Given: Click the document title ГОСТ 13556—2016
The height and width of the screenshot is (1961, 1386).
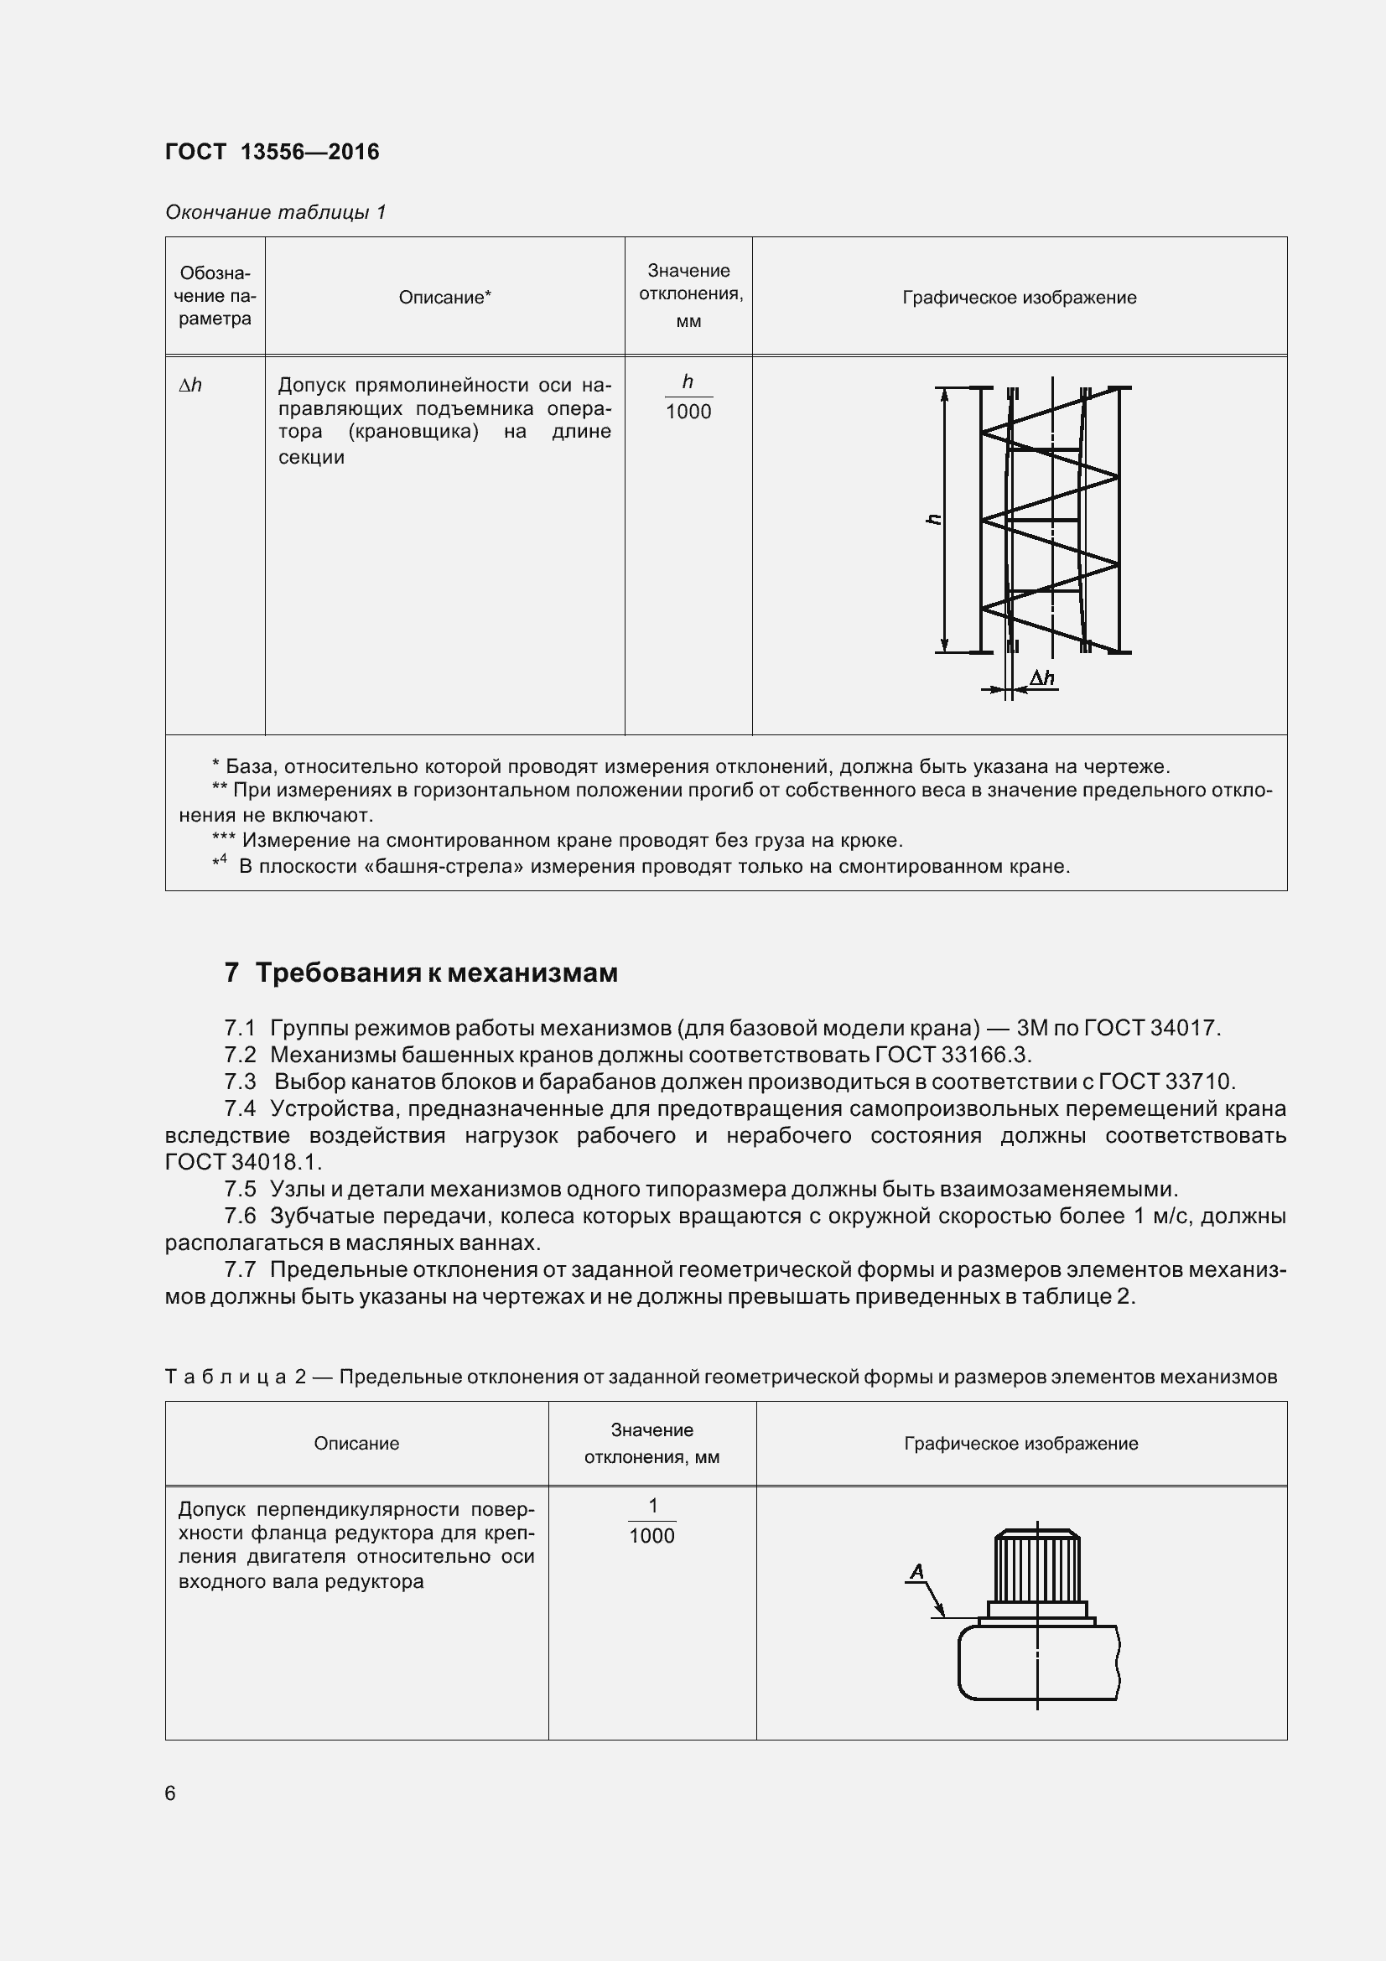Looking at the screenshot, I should (x=272, y=152).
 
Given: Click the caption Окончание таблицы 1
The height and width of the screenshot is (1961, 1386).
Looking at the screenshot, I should (x=275, y=212).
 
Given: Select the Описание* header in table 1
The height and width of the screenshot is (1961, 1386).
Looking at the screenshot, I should (x=444, y=298).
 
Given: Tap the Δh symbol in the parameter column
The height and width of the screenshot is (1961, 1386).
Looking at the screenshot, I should (x=190, y=385).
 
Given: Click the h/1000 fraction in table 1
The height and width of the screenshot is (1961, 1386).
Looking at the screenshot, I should (x=688, y=397).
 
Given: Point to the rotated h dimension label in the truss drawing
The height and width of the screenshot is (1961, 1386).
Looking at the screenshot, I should (x=934, y=518).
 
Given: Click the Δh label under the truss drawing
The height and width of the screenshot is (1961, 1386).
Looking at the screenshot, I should (x=1042, y=678).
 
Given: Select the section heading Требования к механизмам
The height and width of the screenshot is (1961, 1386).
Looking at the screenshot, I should (x=436, y=973).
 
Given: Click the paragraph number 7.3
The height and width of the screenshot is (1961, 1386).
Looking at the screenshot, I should (x=240, y=1082).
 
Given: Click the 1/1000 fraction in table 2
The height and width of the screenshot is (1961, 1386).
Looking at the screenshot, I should (x=651, y=1521).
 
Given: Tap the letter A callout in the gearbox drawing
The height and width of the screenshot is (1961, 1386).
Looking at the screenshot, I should (x=917, y=1570).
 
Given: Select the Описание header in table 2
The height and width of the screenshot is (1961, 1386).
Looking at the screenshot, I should (x=356, y=1444).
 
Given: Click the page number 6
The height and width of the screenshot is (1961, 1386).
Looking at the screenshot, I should (x=170, y=1792).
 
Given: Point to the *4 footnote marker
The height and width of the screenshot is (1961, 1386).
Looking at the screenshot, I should (x=220, y=864).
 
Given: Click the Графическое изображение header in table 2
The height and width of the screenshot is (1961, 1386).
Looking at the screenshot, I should (x=1020, y=1444).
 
